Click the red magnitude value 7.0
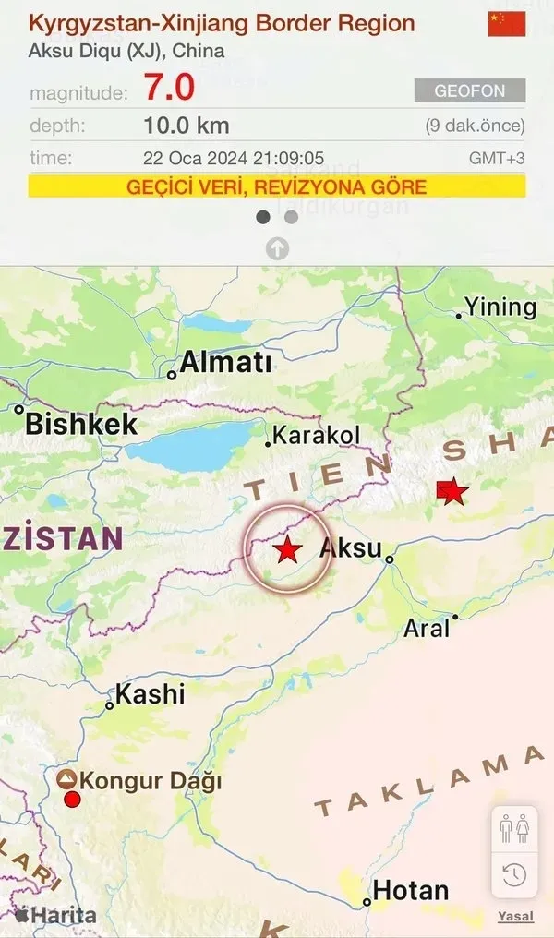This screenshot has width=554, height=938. (169, 88)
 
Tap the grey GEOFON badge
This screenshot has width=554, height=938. (470, 90)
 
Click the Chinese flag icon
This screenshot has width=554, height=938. (506, 24)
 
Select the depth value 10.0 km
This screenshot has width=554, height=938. (187, 126)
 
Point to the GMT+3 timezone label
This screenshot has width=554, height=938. (497, 158)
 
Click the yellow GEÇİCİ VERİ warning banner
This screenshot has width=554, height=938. (277, 186)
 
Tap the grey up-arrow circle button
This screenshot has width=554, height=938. (277, 247)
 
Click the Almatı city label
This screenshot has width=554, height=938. (225, 363)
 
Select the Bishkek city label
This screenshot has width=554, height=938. (81, 424)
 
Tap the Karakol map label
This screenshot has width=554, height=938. (317, 436)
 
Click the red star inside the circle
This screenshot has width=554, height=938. (288, 549)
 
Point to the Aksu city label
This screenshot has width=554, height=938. (350, 549)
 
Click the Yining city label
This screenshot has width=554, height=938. (500, 307)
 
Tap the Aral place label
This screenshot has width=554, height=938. (427, 628)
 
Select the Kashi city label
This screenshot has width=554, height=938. (151, 693)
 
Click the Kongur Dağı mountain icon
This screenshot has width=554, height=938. (66, 779)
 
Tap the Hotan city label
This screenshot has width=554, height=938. (411, 891)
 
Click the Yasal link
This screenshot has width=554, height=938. (515, 917)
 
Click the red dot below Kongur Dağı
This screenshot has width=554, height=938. (72, 798)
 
